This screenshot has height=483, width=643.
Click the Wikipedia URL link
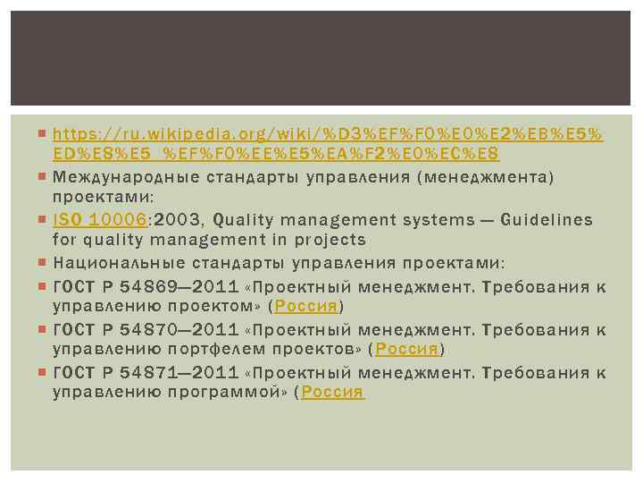327,135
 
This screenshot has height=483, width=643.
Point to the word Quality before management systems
246,220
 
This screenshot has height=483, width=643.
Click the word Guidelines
552,220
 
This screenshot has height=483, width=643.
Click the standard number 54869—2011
171,287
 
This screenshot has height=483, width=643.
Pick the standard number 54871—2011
171,372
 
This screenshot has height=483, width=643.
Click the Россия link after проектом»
305,306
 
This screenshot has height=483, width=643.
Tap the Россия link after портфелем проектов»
407,349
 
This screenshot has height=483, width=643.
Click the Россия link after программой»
332,392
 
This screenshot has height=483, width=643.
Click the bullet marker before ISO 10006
44,220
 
